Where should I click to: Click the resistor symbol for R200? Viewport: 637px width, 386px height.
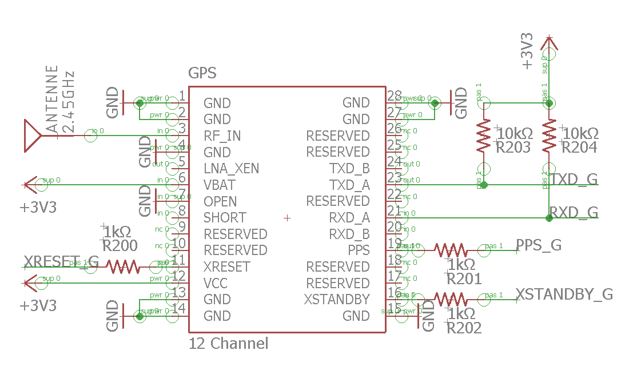122,266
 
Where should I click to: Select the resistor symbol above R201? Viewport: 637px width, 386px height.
450,250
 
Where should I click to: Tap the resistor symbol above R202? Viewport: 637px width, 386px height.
450,299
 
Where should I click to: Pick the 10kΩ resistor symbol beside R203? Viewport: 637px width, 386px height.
484,136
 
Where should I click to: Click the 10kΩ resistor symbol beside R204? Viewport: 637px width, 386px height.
549,136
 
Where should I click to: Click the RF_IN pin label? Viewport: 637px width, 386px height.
222,136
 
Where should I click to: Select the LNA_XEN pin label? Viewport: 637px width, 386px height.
231,169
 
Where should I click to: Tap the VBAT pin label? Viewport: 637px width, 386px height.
219,185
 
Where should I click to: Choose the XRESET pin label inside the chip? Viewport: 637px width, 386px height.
226,267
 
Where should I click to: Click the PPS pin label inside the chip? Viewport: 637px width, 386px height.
359,250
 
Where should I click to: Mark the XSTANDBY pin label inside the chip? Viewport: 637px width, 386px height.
337,300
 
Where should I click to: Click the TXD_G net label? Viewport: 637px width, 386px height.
574,179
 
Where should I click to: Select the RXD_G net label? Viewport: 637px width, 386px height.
574,212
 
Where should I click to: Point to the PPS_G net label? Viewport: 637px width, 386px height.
539,245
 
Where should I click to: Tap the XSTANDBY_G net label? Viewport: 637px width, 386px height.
564,295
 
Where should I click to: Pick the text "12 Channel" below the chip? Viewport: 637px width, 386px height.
228,344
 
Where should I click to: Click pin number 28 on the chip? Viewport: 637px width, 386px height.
394,96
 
